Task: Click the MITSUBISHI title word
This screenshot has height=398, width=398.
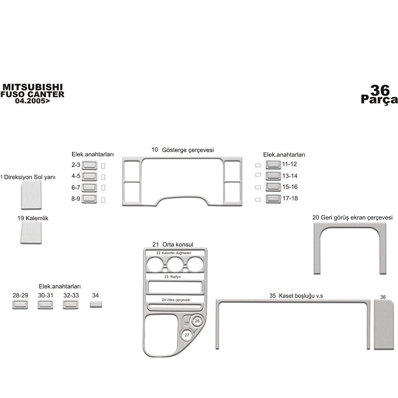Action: (x=32, y=87)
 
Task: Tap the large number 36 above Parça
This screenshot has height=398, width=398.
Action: (x=380, y=90)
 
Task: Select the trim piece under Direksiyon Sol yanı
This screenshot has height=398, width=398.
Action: (x=31, y=195)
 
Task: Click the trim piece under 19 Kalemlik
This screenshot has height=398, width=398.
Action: (x=31, y=233)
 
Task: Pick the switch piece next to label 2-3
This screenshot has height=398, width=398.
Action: (x=89, y=165)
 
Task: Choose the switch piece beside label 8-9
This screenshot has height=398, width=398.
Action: (x=89, y=199)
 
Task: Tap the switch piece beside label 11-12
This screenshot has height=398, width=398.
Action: (x=273, y=165)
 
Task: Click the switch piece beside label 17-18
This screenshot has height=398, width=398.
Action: (x=273, y=199)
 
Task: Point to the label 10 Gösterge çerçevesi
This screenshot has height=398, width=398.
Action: (x=182, y=150)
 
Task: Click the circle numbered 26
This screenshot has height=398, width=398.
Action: (x=197, y=321)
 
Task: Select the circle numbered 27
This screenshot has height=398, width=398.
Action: (x=187, y=335)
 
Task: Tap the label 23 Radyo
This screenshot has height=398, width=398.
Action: (x=172, y=277)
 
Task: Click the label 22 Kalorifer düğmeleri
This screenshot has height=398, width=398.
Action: (x=174, y=253)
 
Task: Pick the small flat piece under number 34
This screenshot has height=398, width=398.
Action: (x=96, y=305)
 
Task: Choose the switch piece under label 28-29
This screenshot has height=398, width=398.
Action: (x=20, y=305)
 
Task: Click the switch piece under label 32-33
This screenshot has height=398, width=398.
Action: (x=70, y=305)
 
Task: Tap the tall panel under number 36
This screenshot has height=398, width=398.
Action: (x=384, y=325)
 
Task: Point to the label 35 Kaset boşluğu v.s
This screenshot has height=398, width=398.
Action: (x=296, y=296)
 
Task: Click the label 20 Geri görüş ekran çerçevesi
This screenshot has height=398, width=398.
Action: (x=352, y=218)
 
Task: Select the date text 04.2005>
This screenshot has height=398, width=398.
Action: (x=32, y=101)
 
